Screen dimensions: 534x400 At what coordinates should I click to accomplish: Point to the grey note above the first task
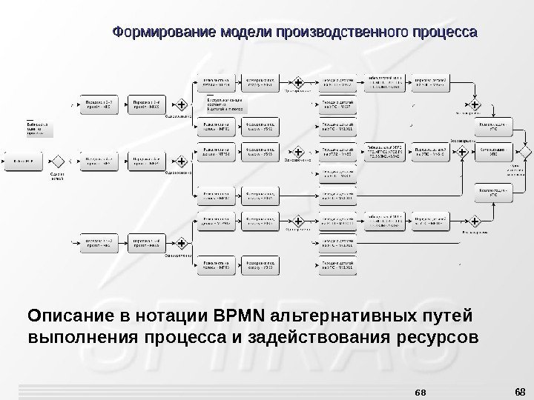pyautogui.click(x=41, y=129)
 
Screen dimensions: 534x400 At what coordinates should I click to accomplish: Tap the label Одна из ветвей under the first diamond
pyautogui.click(x=57, y=178)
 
